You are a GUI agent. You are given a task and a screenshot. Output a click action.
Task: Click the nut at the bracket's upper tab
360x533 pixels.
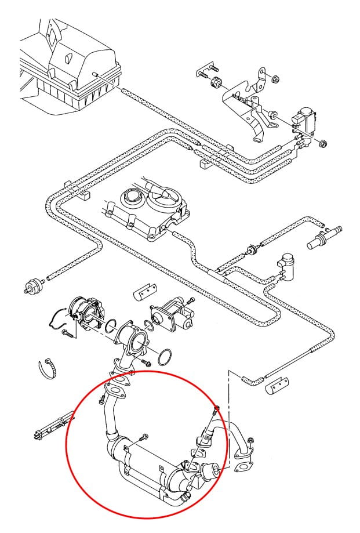(274, 77)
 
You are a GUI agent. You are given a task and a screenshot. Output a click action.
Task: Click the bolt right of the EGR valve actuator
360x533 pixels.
(192, 300)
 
